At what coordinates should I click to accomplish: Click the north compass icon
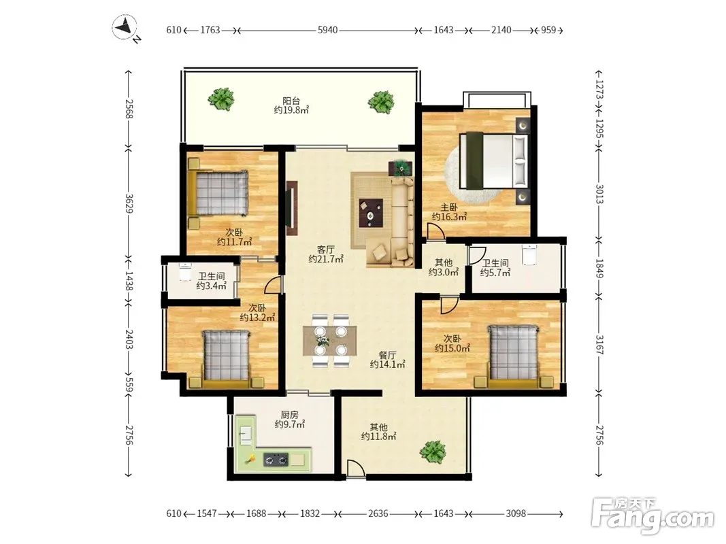(125, 27)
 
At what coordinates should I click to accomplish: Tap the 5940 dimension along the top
(327, 30)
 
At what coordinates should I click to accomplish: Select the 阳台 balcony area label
(291, 101)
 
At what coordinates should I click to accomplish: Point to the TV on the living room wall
(292, 208)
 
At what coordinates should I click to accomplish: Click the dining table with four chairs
(330, 341)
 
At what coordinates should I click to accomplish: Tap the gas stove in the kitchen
(276, 460)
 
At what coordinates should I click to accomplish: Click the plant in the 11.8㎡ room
(433, 451)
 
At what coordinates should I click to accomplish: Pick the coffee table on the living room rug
(371, 213)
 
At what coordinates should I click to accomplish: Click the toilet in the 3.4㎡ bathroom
(185, 272)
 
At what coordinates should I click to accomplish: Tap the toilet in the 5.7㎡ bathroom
(529, 254)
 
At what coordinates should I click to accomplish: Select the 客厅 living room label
(325, 250)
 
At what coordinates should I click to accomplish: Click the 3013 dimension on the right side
(599, 194)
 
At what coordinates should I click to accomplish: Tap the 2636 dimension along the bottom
(378, 513)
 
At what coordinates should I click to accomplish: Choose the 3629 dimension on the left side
(129, 203)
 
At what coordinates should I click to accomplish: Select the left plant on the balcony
(221, 99)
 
